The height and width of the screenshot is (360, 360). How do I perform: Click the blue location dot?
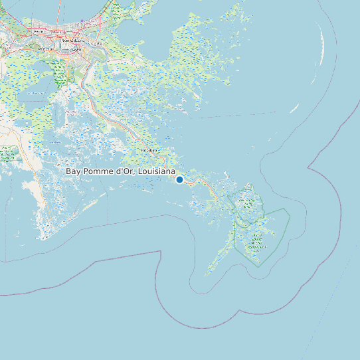179,179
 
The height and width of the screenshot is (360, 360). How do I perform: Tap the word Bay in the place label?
74,171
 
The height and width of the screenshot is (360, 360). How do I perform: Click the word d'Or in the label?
124,171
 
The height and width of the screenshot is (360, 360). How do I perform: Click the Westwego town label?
46,49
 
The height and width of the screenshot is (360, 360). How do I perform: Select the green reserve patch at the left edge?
9,154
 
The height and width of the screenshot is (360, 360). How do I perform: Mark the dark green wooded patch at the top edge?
116,10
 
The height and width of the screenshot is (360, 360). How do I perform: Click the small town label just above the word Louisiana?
148,150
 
